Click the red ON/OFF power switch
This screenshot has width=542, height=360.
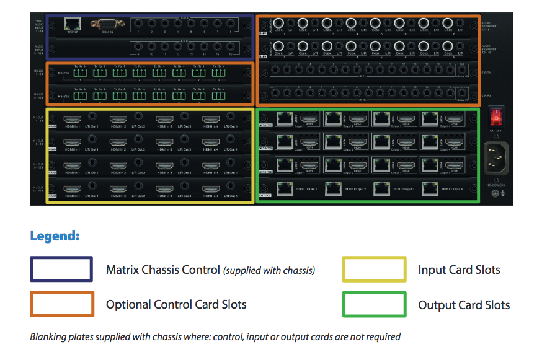point(495,116)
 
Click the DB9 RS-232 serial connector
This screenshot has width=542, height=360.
point(105,25)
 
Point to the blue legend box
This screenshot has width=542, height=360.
point(61,269)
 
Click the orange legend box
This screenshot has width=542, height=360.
point(61,304)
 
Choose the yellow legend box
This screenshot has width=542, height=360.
point(374,269)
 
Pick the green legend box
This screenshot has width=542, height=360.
point(374,304)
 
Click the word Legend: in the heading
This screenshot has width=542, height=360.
point(55,236)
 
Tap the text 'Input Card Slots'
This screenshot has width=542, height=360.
point(459,270)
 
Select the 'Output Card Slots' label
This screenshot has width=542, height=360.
point(464,305)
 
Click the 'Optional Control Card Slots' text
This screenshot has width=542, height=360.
point(176,305)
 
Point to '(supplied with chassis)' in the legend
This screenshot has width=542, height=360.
point(269,270)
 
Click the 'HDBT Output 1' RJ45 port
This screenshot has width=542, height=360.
point(285,189)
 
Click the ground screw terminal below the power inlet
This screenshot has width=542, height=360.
point(495,193)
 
